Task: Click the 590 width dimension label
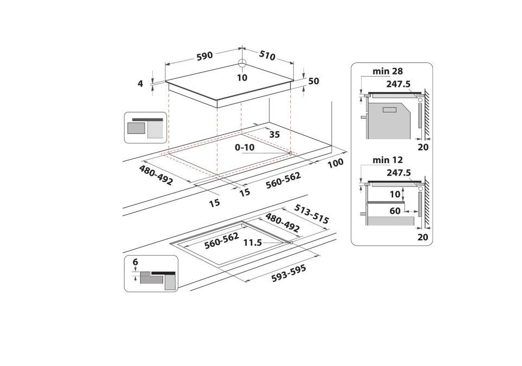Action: [x=204, y=55]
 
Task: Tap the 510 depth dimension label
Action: [x=268, y=55]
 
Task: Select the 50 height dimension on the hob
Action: [x=314, y=81]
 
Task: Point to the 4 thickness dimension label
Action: [x=140, y=83]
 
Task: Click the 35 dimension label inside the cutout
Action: [x=275, y=134]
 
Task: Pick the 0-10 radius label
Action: [x=245, y=147]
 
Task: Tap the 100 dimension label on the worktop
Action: [x=335, y=163]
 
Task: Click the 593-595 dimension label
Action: [x=289, y=274]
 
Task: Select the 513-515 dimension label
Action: [x=312, y=214]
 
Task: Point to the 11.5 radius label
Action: [x=252, y=243]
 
